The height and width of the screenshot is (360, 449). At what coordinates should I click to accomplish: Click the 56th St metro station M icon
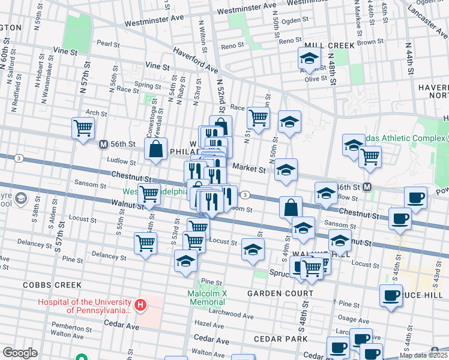103,145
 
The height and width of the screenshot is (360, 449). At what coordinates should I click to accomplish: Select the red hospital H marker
140,306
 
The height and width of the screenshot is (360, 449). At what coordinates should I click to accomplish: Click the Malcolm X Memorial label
207,298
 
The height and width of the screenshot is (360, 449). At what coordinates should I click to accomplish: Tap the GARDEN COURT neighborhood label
280,293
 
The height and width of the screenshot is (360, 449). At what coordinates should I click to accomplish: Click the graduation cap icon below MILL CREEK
309,59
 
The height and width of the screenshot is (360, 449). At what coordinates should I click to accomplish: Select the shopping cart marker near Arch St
83,127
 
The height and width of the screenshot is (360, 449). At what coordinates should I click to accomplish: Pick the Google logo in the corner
20,353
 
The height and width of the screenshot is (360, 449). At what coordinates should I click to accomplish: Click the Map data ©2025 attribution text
424,355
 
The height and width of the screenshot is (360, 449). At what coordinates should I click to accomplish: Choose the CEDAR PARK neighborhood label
280,339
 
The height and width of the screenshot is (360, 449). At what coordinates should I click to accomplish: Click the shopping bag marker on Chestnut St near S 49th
291,208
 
